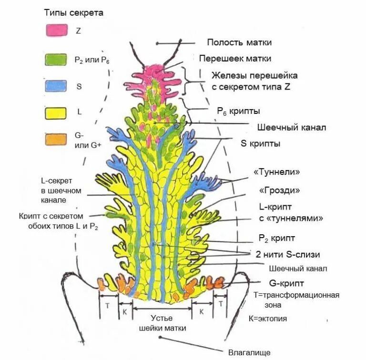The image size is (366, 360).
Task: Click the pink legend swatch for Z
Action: (x=55, y=30)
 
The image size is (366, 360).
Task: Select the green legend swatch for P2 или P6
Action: (x=55, y=59)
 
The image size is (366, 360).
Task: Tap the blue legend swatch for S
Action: (x=55, y=86)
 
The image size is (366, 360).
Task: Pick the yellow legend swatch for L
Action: (x=55, y=113)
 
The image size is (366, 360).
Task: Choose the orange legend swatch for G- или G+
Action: (x=55, y=140)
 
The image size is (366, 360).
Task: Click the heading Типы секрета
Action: (x=74, y=13)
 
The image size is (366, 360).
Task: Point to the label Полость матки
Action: (x=239, y=42)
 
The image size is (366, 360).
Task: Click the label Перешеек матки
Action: (x=235, y=59)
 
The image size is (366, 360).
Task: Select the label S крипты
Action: (x=260, y=143)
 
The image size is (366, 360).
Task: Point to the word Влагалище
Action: (x=249, y=352)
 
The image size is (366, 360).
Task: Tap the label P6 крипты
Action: (x=238, y=111)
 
